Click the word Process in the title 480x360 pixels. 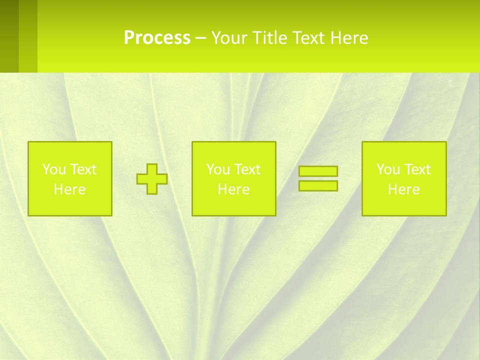coord(157,38)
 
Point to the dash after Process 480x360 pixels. coord(200,38)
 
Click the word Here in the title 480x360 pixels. coord(349,38)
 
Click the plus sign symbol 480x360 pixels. coord(152,179)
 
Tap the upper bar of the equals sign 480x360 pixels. coord(318,171)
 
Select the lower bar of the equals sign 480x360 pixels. coord(318,185)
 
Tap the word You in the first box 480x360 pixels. coord(53,169)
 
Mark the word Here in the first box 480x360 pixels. coord(70,189)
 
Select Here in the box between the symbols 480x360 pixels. coord(233,189)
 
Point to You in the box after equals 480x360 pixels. coord(388,169)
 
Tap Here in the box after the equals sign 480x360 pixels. coord(404,189)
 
